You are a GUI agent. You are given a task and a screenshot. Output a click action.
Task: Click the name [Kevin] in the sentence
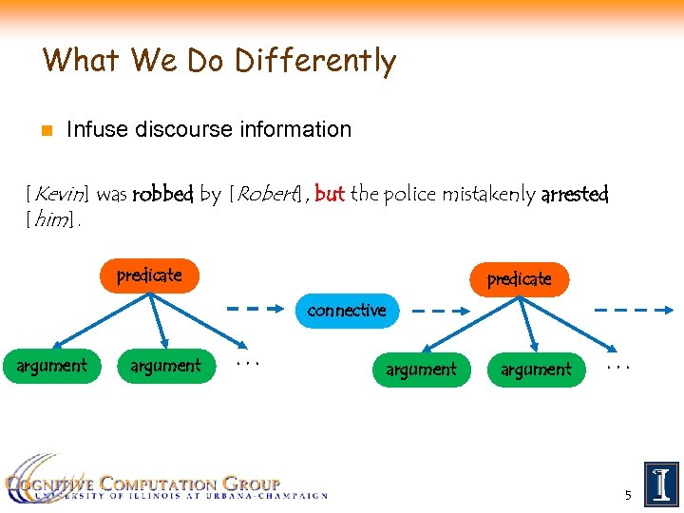[59, 195]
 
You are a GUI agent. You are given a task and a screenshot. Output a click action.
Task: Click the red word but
[329, 194]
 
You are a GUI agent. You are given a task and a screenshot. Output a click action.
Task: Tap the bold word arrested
[574, 195]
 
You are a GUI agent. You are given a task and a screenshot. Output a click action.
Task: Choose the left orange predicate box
[149, 275]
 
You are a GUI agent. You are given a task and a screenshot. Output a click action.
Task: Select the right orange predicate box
[519, 279]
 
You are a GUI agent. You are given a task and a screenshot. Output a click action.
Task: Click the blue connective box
[347, 311]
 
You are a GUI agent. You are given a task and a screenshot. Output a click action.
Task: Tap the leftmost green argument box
[52, 366]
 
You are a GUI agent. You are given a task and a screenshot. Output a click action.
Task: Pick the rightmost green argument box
[537, 370]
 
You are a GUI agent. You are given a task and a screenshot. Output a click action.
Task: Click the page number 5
[628, 495]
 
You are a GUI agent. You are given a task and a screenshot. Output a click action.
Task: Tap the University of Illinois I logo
[661, 484]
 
